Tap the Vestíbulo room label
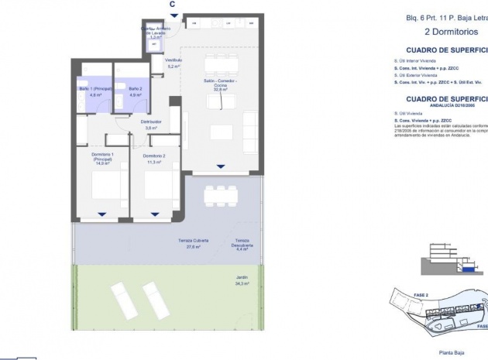[x=174, y=63]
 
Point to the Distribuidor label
[x=150, y=125]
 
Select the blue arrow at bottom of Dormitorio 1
[x=101, y=214]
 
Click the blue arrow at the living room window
[x=221, y=165]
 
